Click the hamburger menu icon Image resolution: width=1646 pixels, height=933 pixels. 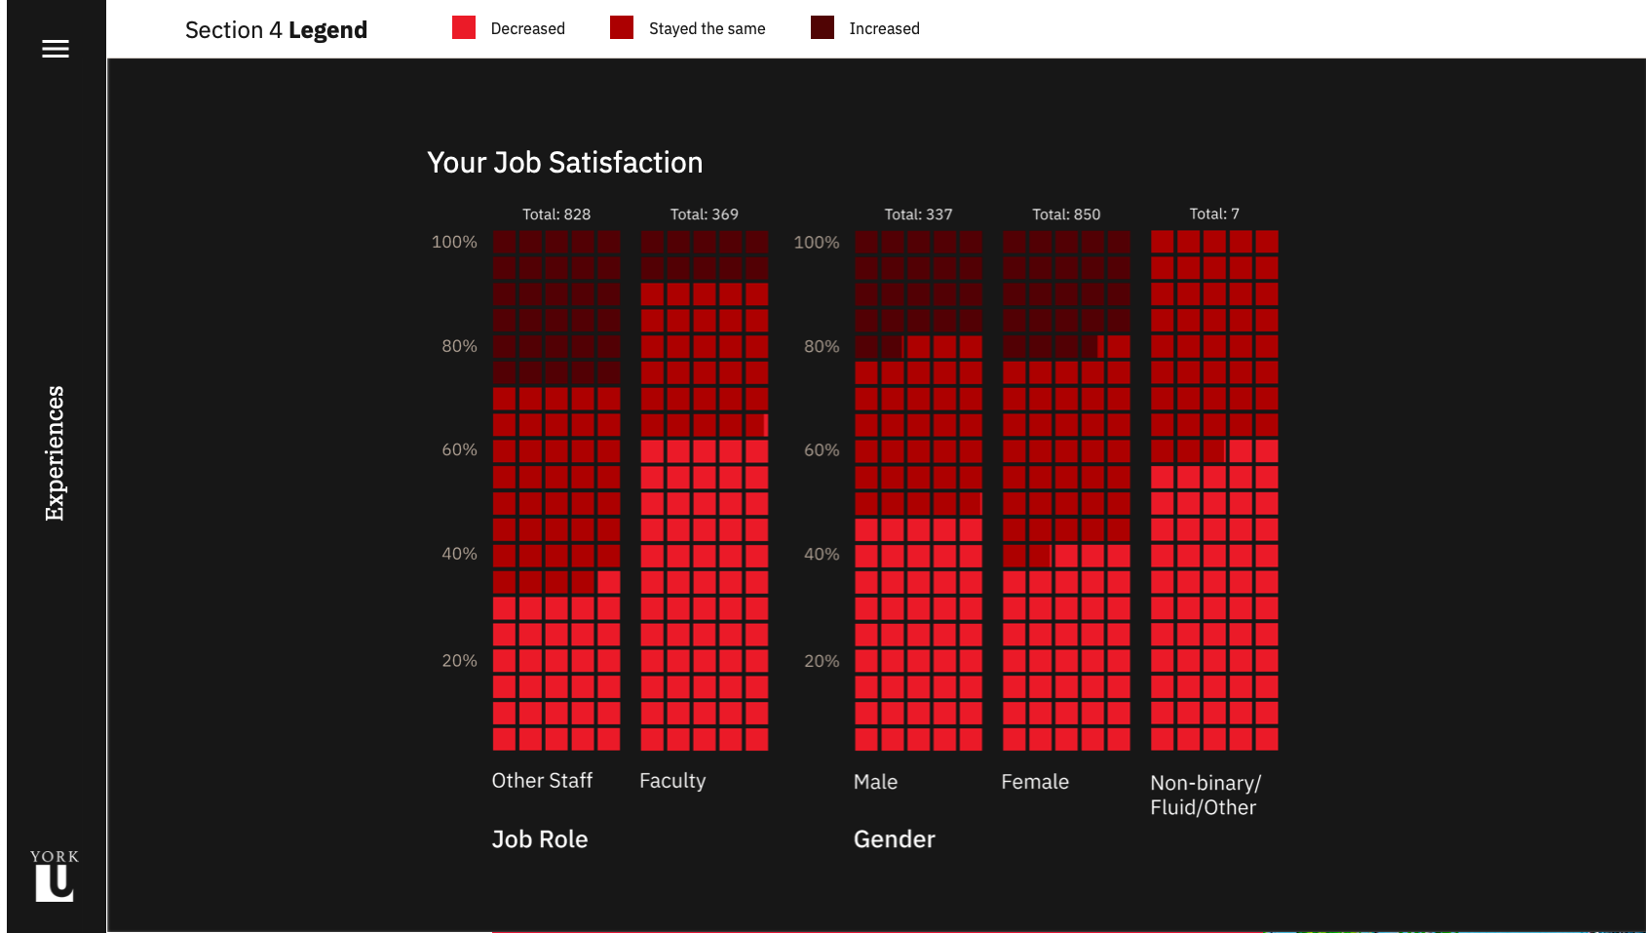point(56,49)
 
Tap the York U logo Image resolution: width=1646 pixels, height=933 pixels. point(55,875)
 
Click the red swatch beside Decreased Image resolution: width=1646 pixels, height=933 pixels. point(464,27)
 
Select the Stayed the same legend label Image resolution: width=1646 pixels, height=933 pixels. point(707,29)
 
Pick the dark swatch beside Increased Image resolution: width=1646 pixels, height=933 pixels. point(823,27)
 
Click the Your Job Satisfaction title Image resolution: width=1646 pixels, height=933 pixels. point(564,163)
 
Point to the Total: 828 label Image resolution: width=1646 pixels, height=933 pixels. point(556,214)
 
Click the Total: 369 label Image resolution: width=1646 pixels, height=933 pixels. point(704,214)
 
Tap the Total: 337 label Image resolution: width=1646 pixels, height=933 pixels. point(918,214)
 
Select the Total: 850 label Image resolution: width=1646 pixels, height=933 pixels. point(1066,214)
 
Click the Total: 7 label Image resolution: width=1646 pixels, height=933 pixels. point(1214,214)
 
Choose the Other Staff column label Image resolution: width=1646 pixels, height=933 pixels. point(542,781)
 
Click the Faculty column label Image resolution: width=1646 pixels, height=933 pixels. point(672,781)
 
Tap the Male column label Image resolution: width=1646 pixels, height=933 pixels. point(875,782)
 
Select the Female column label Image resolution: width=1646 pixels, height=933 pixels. point(1035,782)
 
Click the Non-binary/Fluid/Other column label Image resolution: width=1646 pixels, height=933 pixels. point(1205,795)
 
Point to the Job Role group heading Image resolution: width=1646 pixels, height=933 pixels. point(540,839)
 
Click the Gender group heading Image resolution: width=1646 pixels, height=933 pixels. point(894,839)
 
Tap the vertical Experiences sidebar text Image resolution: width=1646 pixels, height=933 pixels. point(55,453)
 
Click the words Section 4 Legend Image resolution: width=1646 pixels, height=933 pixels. point(276,30)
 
